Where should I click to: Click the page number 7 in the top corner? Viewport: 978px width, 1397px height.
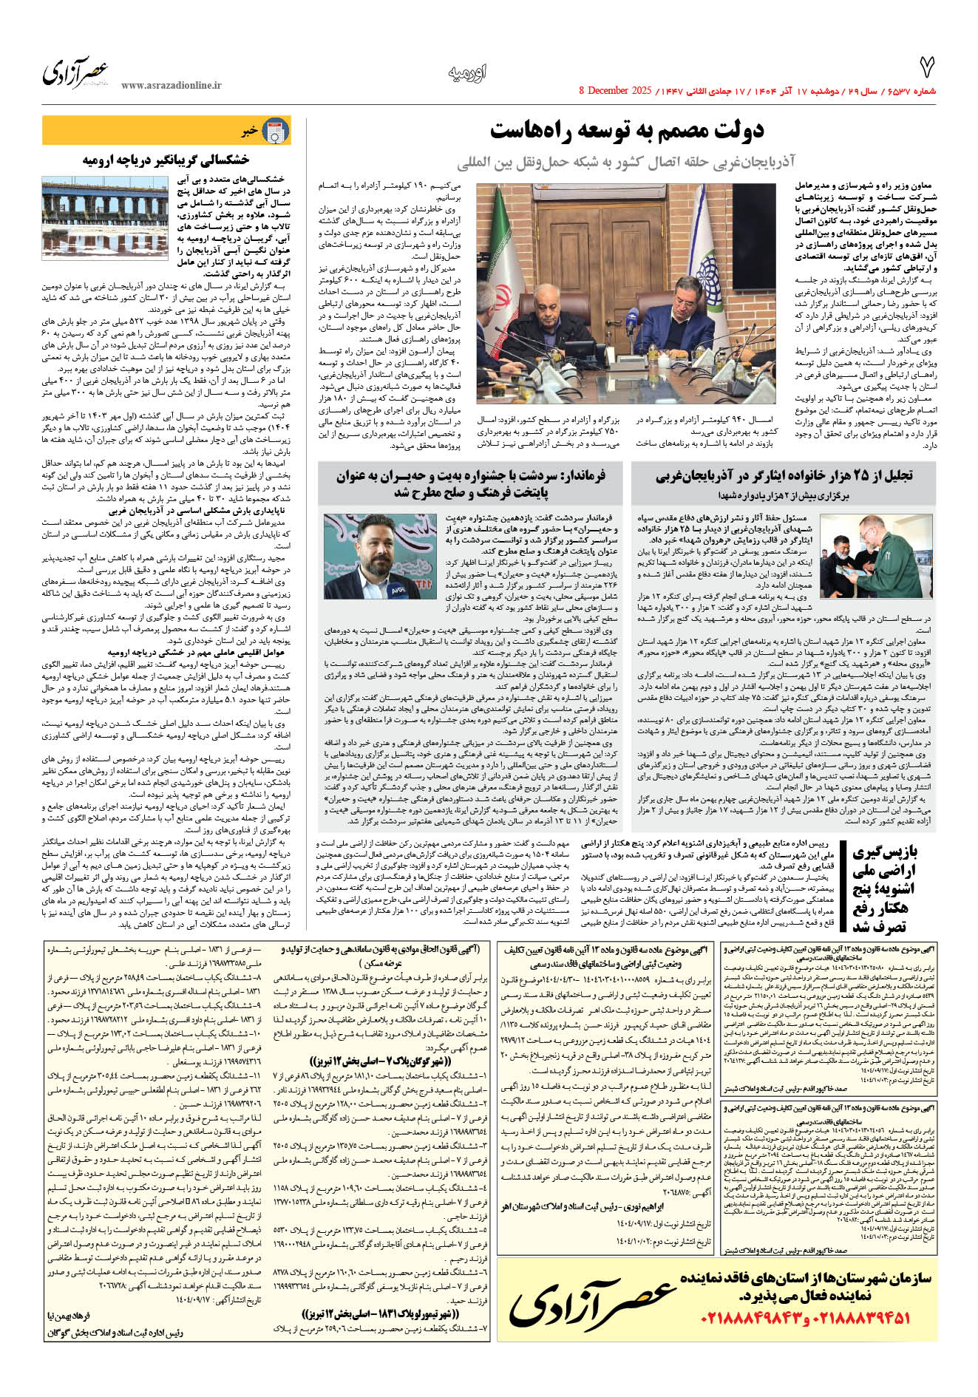point(926,68)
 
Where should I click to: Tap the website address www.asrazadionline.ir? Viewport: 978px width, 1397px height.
point(171,85)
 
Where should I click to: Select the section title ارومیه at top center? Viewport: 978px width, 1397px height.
point(467,72)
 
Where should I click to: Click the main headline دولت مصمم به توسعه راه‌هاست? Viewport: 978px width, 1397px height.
point(627,131)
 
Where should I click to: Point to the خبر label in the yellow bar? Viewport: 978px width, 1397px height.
point(249,131)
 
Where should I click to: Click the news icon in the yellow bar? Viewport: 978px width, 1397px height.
point(276,131)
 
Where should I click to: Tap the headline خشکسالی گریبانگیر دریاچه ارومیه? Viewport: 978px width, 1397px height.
point(166,160)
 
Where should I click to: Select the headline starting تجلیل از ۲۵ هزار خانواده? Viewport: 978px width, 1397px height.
point(784,475)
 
